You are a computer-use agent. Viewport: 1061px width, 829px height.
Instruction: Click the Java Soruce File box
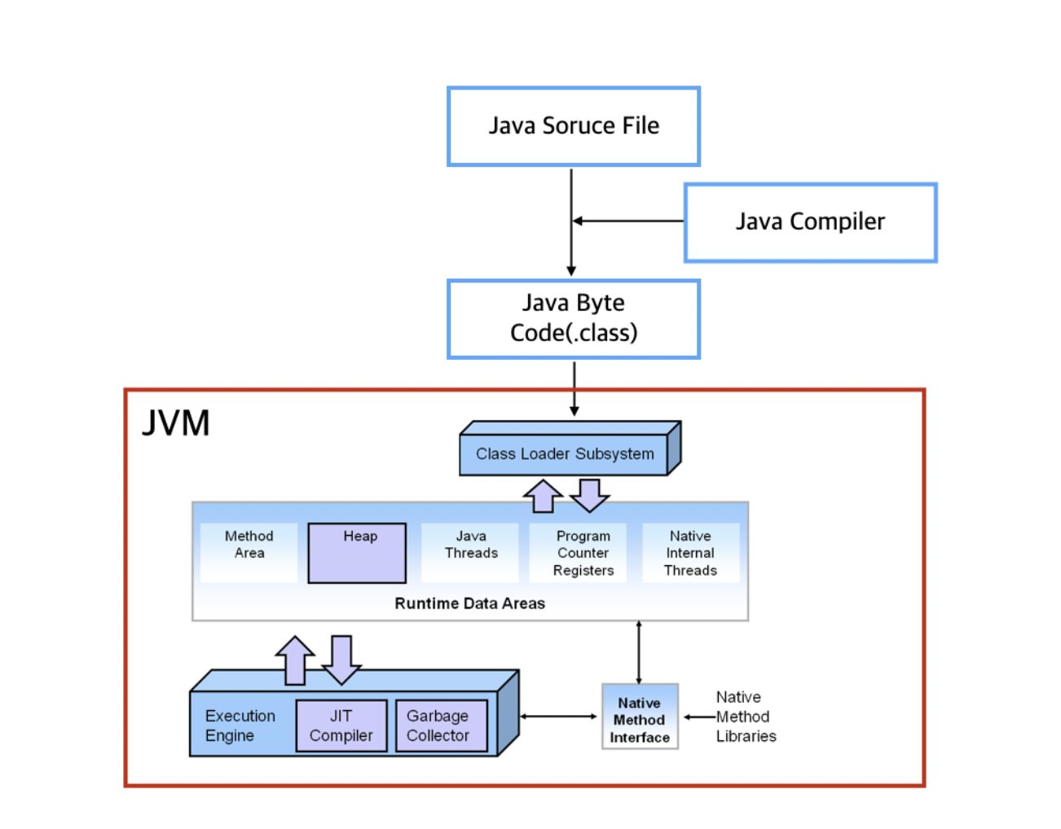(573, 126)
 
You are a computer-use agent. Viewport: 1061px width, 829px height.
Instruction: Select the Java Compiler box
(810, 222)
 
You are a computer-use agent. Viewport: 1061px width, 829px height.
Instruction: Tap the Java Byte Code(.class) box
(573, 319)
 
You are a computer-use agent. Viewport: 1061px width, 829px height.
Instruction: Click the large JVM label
(175, 423)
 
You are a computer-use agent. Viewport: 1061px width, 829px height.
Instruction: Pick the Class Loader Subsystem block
(570, 448)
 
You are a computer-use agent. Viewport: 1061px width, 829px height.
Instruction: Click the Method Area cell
(249, 552)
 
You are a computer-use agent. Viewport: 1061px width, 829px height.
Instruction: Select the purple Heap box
(357, 553)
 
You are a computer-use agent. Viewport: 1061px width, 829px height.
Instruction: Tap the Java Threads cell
(470, 552)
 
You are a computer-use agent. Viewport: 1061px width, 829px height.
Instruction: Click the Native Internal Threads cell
(690, 552)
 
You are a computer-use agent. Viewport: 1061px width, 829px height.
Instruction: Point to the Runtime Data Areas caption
(469, 603)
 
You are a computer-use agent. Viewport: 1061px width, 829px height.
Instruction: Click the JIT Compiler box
(341, 726)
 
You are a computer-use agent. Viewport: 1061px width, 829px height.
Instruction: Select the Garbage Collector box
(441, 726)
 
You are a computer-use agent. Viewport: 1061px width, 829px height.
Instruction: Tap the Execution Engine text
(240, 726)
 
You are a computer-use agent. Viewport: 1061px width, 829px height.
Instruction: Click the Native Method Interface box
(640, 717)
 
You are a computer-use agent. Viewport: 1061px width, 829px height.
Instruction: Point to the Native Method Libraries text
(746, 717)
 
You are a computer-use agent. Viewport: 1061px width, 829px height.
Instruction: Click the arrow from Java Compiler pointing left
(628, 221)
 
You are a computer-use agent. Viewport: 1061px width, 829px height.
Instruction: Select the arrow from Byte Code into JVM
(575, 389)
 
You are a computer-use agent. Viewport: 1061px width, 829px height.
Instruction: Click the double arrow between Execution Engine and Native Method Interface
(558, 717)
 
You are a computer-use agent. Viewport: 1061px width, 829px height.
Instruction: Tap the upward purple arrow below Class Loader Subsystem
(543, 496)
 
